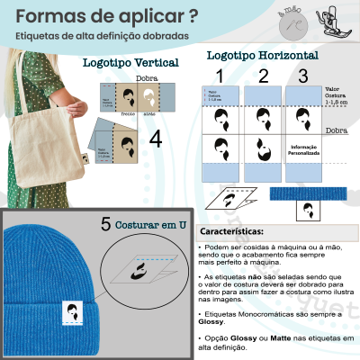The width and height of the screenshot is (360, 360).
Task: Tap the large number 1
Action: point(218,76)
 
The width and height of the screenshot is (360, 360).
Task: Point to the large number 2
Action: point(263,76)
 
